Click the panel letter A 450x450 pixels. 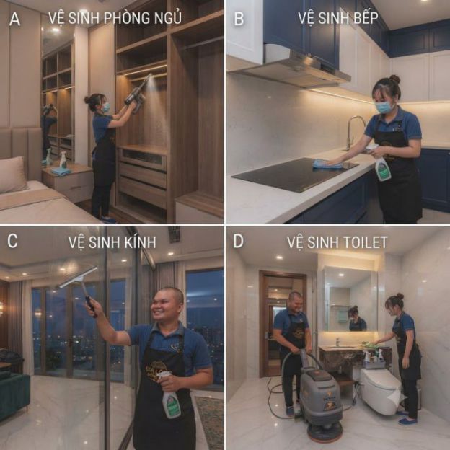[x=15, y=19]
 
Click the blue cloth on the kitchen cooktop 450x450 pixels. [x=327, y=164]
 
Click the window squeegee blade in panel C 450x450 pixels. [x=77, y=277]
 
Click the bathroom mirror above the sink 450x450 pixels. [x=350, y=299]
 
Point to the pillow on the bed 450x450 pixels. [x=12, y=175]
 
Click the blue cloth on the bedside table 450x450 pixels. [x=61, y=172]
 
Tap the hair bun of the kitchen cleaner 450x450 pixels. [x=395, y=79]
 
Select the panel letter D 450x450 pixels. [x=238, y=242]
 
